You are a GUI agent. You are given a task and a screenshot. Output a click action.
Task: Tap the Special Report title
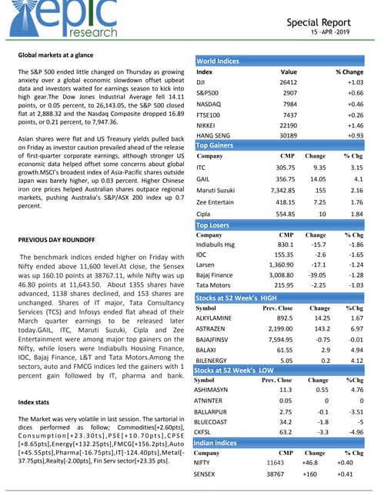click(x=324, y=22)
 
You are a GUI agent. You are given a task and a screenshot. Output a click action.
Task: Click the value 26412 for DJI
click(x=288, y=82)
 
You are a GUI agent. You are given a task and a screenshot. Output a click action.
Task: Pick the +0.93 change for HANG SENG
click(x=354, y=135)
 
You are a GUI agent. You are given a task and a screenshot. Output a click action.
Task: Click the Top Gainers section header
click(x=216, y=145)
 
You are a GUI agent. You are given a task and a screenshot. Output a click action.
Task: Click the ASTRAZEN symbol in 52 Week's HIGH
click(x=213, y=327)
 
